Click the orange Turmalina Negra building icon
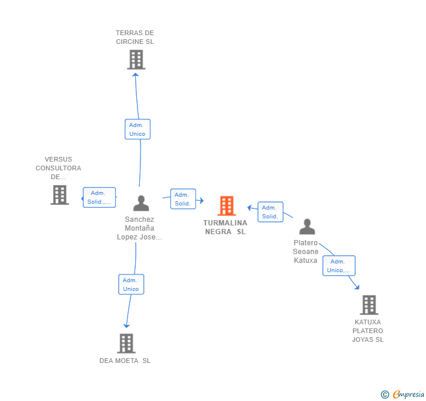coord(226,205)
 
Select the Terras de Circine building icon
coord(136,60)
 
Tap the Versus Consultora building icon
coord(60,195)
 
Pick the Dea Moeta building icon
coord(126,344)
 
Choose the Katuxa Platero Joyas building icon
coord(369,305)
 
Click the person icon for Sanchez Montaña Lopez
coord(141,203)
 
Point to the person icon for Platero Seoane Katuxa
coord(307,227)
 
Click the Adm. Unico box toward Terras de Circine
coord(138,129)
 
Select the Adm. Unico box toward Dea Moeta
coord(131,285)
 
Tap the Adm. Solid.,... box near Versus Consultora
coord(99,197)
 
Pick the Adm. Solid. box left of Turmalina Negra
coord(183,199)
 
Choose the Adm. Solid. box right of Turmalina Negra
coord(270,212)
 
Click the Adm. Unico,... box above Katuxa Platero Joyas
coord(339,266)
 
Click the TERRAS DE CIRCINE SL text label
coord(135,37)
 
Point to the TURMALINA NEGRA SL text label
coord(225,227)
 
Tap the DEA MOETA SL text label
coord(125,361)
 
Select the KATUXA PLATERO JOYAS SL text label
coord(367,331)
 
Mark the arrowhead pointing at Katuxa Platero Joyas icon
coord(357,287)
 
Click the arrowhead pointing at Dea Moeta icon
coord(126,325)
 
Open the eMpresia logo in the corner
coord(403,395)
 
